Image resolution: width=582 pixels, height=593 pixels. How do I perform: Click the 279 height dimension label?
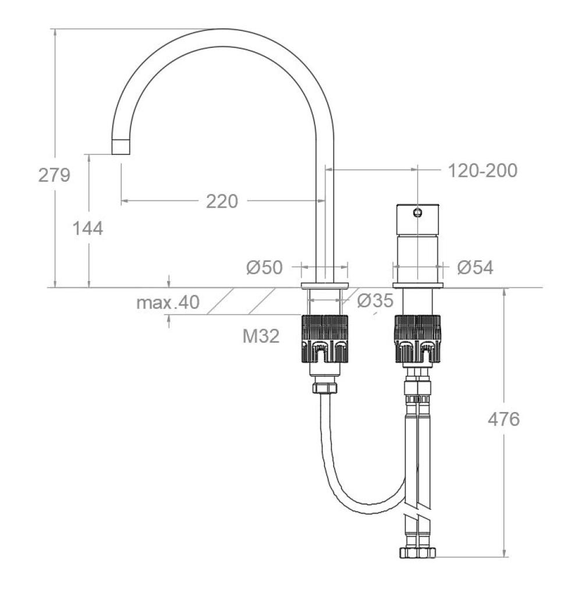click(x=54, y=175)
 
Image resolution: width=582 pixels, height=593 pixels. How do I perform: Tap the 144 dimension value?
click(x=87, y=229)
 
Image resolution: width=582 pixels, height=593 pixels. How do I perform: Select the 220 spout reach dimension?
click(x=222, y=201)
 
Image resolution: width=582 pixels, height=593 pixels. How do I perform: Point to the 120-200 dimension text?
click(x=482, y=171)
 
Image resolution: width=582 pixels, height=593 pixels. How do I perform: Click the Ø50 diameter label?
click(x=264, y=267)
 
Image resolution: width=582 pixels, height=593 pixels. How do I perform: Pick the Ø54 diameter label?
click(x=475, y=267)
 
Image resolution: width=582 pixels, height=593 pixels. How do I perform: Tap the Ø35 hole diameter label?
click(x=375, y=301)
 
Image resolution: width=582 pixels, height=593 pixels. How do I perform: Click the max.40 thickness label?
click(x=168, y=302)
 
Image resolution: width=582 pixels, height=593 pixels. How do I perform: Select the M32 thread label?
click(x=261, y=335)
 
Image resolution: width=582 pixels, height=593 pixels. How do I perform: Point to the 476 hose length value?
click(x=503, y=418)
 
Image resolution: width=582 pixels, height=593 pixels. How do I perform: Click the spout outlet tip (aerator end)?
click(x=121, y=147)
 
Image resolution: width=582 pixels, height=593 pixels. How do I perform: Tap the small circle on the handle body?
click(x=417, y=213)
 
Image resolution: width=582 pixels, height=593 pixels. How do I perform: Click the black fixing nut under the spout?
click(x=325, y=339)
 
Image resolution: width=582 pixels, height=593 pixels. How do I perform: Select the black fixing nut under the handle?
click(x=418, y=339)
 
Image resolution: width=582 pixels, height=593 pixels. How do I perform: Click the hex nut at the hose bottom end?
click(x=417, y=552)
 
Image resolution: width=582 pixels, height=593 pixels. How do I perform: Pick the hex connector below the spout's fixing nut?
click(x=325, y=388)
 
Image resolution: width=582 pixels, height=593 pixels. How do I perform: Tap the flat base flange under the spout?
click(x=325, y=286)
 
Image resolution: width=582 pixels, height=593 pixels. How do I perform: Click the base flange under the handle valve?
click(x=417, y=286)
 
